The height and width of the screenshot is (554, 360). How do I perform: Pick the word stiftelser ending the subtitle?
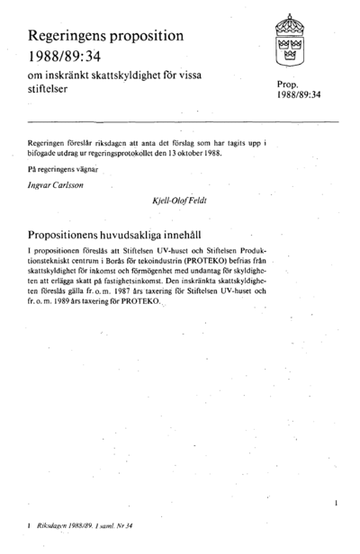tap(49, 91)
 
